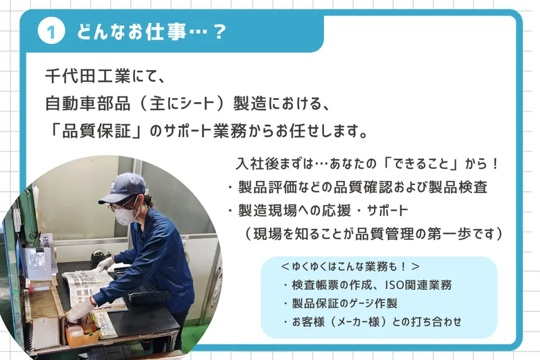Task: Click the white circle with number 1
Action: click(x=51, y=32)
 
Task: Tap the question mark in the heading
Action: click(x=219, y=32)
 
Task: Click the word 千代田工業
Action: click(x=88, y=76)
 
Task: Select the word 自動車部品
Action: click(x=88, y=103)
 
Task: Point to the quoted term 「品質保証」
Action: click(x=95, y=131)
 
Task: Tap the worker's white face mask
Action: click(x=125, y=215)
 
